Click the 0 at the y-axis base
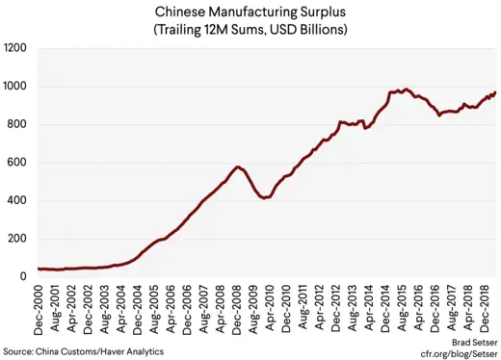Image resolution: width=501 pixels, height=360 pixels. (25, 277)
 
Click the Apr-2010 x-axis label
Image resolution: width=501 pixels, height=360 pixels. (277, 309)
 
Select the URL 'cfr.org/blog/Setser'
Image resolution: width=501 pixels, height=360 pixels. (453, 352)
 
